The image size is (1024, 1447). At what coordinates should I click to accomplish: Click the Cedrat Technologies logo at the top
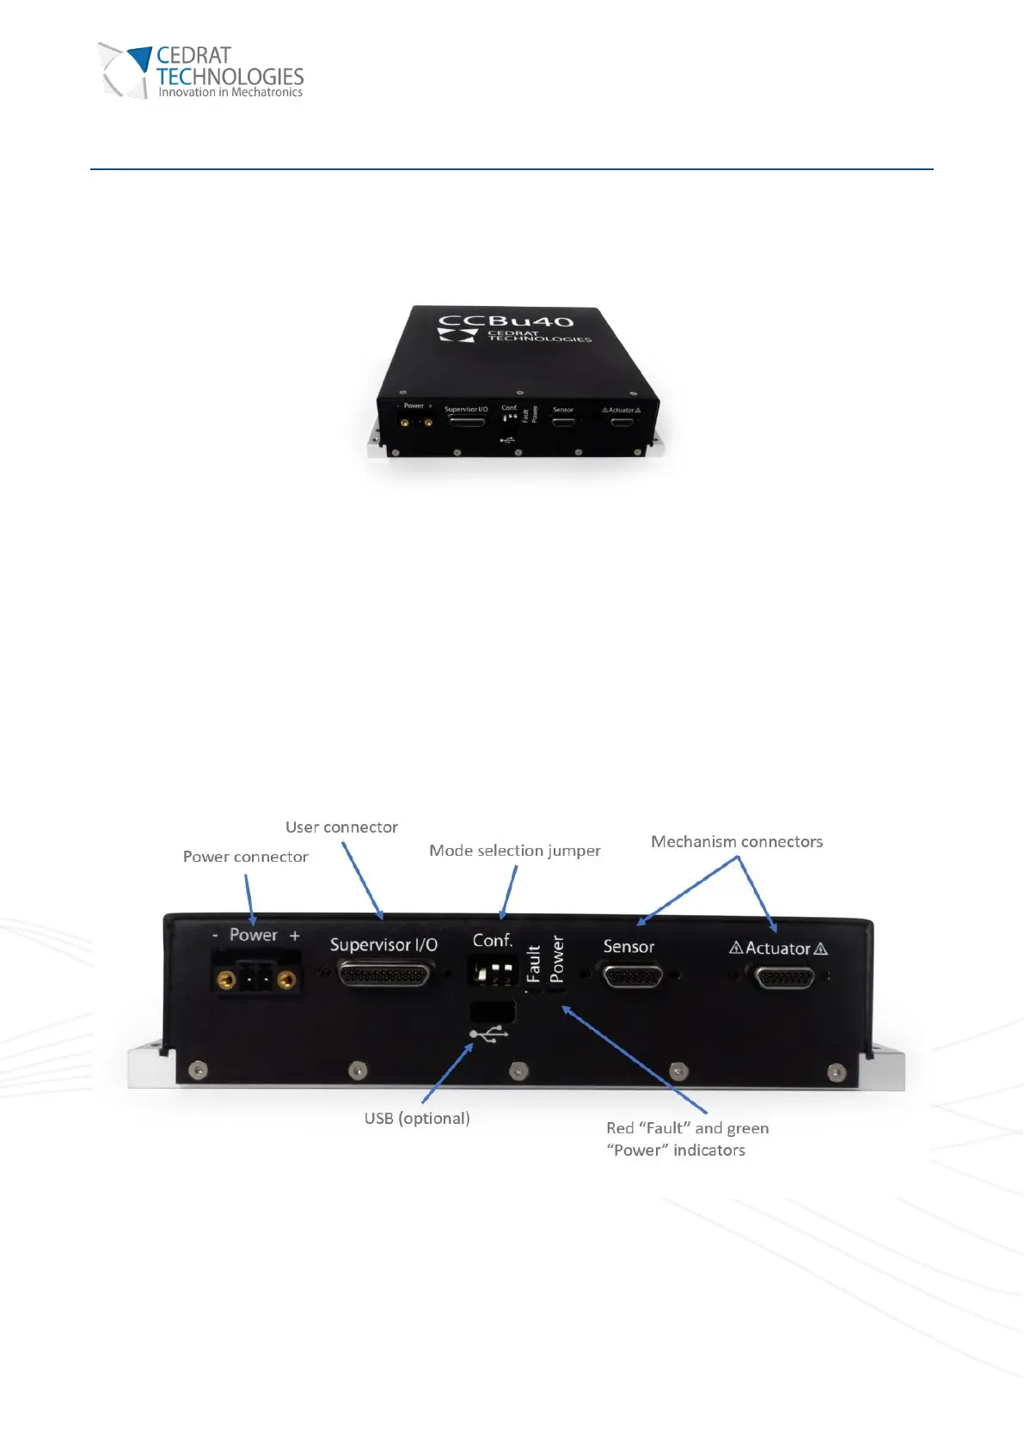pyautogui.click(x=201, y=71)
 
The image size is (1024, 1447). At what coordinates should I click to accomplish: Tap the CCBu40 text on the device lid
pyautogui.click(x=506, y=321)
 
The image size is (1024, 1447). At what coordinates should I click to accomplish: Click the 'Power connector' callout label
pyautogui.click(x=245, y=857)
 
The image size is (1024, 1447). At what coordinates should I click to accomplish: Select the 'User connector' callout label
pyautogui.click(x=341, y=827)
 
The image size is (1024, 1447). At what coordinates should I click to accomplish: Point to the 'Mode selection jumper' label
pyautogui.click(x=514, y=851)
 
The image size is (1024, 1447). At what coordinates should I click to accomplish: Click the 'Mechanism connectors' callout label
pyautogui.click(x=736, y=842)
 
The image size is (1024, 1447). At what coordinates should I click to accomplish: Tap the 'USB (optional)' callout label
pyautogui.click(x=417, y=1118)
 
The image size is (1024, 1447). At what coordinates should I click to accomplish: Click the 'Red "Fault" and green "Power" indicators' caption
pyautogui.click(x=687, y=1139)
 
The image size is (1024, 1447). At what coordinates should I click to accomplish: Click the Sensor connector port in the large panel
pyautogui.click(x=633, y=977)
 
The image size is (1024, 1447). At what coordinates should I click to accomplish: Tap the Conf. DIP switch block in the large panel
pyautogui.click(x=493, y=973)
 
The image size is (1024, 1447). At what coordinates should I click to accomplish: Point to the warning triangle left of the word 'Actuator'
pyautogui.click(x=736, y=948)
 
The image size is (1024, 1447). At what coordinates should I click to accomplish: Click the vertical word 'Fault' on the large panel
pyautogui.click(x=533, y=963)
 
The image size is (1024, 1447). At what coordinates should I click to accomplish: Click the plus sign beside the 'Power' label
pyautogui.click(x=295, y=936)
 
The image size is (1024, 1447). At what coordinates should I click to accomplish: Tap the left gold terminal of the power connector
pyautogui.click(x=226, y=980)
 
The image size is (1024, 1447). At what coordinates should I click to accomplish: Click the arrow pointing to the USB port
pyautogui.click(x=447, y=1073)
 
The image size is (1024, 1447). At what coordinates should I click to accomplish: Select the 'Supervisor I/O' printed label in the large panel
pyautogui.click(x=383, y=945)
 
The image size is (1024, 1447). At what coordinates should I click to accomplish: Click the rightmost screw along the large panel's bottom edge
pyautogui.click(x=836, y=1072)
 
